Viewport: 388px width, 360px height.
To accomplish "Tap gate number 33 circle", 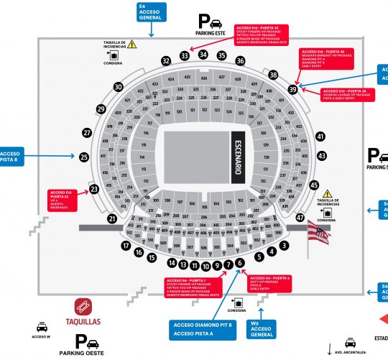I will [185, 55].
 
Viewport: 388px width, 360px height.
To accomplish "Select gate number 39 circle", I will [292, 89].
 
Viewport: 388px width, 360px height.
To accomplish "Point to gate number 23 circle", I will [93, 190].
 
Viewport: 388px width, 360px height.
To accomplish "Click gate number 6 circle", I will [239, 264].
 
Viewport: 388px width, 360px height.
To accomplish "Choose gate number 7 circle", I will [228, 265].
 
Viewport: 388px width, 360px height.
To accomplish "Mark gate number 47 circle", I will [300, 217].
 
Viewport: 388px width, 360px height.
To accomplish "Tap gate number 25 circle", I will [84, 157].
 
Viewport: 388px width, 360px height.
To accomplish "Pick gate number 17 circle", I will [126, 246].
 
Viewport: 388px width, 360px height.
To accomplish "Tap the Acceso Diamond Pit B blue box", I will [204, 329].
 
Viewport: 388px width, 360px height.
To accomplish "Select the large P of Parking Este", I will [205, 22].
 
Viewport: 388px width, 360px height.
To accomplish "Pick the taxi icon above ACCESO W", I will [42, 325].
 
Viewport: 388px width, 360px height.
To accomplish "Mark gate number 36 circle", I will [240, 61].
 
